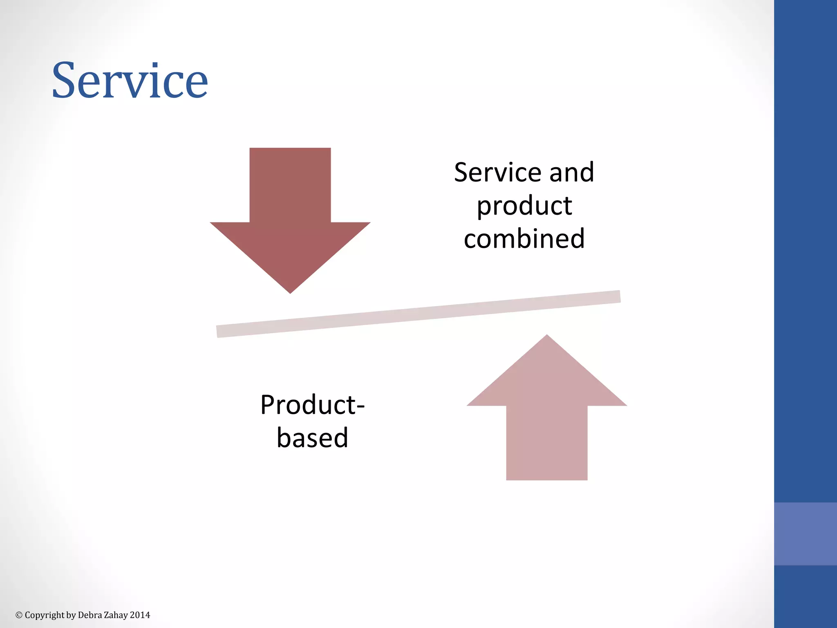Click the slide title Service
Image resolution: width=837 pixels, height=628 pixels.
click(x=130, y=81)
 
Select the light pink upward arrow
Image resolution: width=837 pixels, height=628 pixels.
click(x=546, y=417)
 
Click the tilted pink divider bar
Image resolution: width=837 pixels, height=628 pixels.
click(x=418, y=314)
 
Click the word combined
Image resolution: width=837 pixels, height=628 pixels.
click(x=524, y=239)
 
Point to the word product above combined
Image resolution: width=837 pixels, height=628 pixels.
click(x=524, y=206)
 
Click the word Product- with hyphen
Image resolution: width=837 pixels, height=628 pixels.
click(x=312, y=405)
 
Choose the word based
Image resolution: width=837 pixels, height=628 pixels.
click(x=312, y=438)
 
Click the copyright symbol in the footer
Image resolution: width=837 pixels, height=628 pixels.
click(x=19, y=615)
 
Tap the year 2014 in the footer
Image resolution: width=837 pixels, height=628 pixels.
click(x=140, y=615)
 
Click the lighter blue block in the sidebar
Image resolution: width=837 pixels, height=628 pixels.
click(x=805, y=534)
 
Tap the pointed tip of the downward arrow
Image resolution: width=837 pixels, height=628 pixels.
click(x=290, y=290)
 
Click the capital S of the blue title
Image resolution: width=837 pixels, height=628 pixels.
click(x=65, y=81)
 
